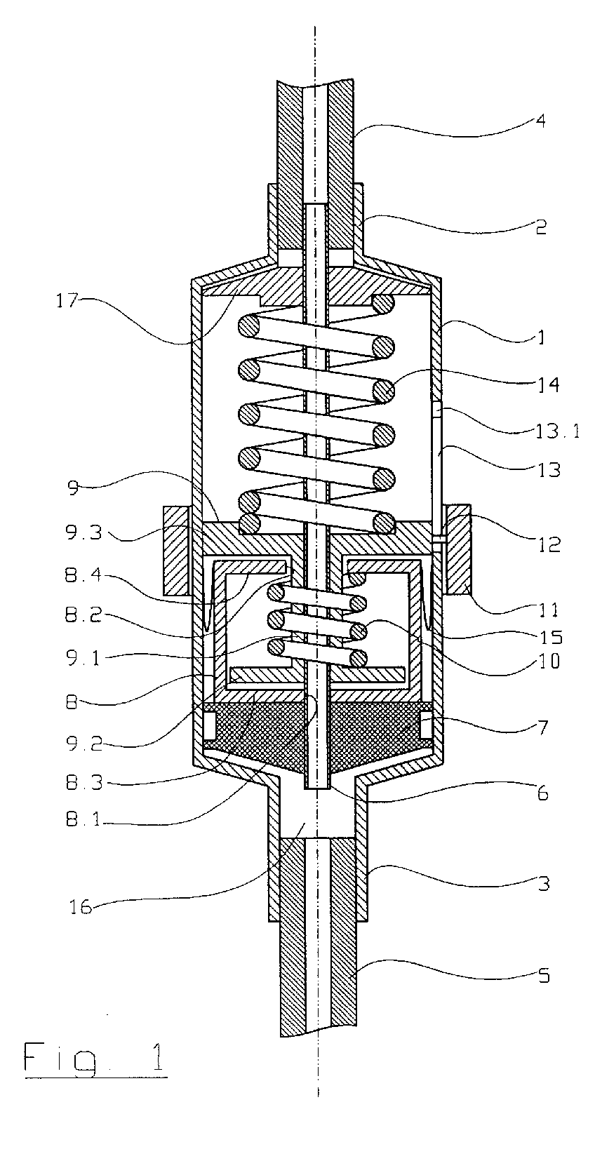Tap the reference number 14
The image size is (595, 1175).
[x=548, y=385]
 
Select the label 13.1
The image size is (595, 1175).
[x=556, y=431]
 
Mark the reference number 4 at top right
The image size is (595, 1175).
[x=540, y=121]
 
